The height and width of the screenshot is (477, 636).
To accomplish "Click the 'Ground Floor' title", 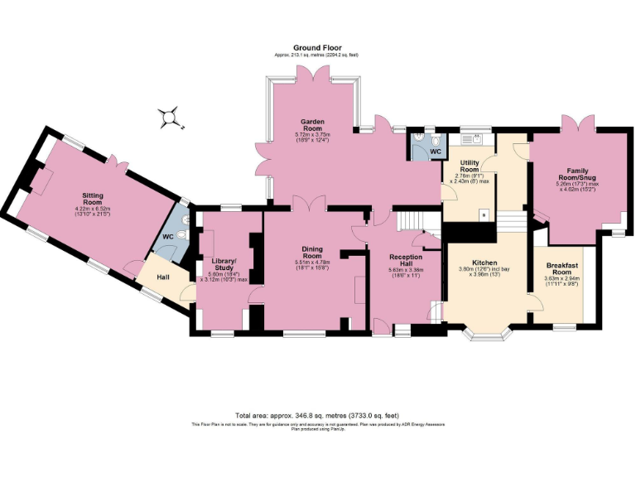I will [x=318, y=48].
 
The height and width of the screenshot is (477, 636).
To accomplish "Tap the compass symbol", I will [x=171, y=118].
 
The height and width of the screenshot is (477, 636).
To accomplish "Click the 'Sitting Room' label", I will [x=93, y=198].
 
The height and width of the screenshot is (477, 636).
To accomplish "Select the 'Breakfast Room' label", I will [x=561, y=268].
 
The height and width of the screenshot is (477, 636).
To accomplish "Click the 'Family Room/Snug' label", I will [x=577, y=175].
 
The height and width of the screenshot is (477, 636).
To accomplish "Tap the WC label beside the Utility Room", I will [x=435, y=152].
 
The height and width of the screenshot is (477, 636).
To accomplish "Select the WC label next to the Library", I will [x=168, y=237].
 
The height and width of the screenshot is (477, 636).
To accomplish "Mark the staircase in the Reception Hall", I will [x=409, y=221].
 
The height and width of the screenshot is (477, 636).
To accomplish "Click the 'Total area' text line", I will [x=318, y=415].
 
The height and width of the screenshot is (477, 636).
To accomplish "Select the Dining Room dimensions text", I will [x=312, y=266].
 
